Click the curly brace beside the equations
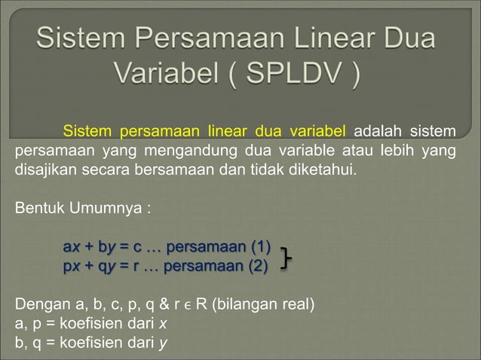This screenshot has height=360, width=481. [x=286, y=256]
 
